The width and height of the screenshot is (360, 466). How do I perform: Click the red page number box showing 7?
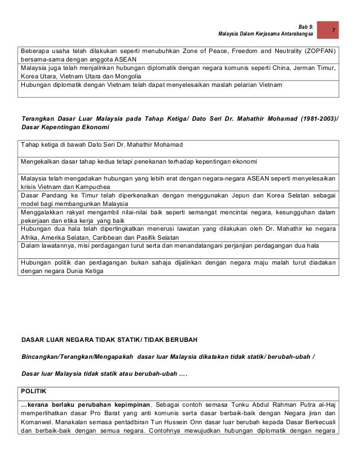click(333, 29)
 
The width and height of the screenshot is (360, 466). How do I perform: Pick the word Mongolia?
click(129, 76)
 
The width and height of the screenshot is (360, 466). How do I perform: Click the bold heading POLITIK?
click(33, 390)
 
